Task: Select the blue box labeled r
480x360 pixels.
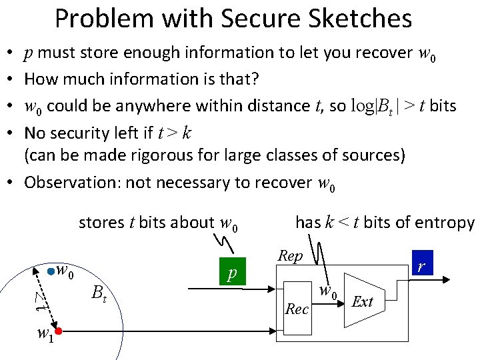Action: (421, 263)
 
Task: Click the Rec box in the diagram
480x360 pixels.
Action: (297, 308)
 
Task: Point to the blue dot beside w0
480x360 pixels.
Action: (51, 272)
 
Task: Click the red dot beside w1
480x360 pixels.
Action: (59, 331)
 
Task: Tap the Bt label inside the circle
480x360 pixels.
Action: (99, 291)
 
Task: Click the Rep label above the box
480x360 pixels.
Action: (290, 256)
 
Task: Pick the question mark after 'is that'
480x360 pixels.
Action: (255, 79)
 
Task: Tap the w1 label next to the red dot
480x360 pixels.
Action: (45, 333)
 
